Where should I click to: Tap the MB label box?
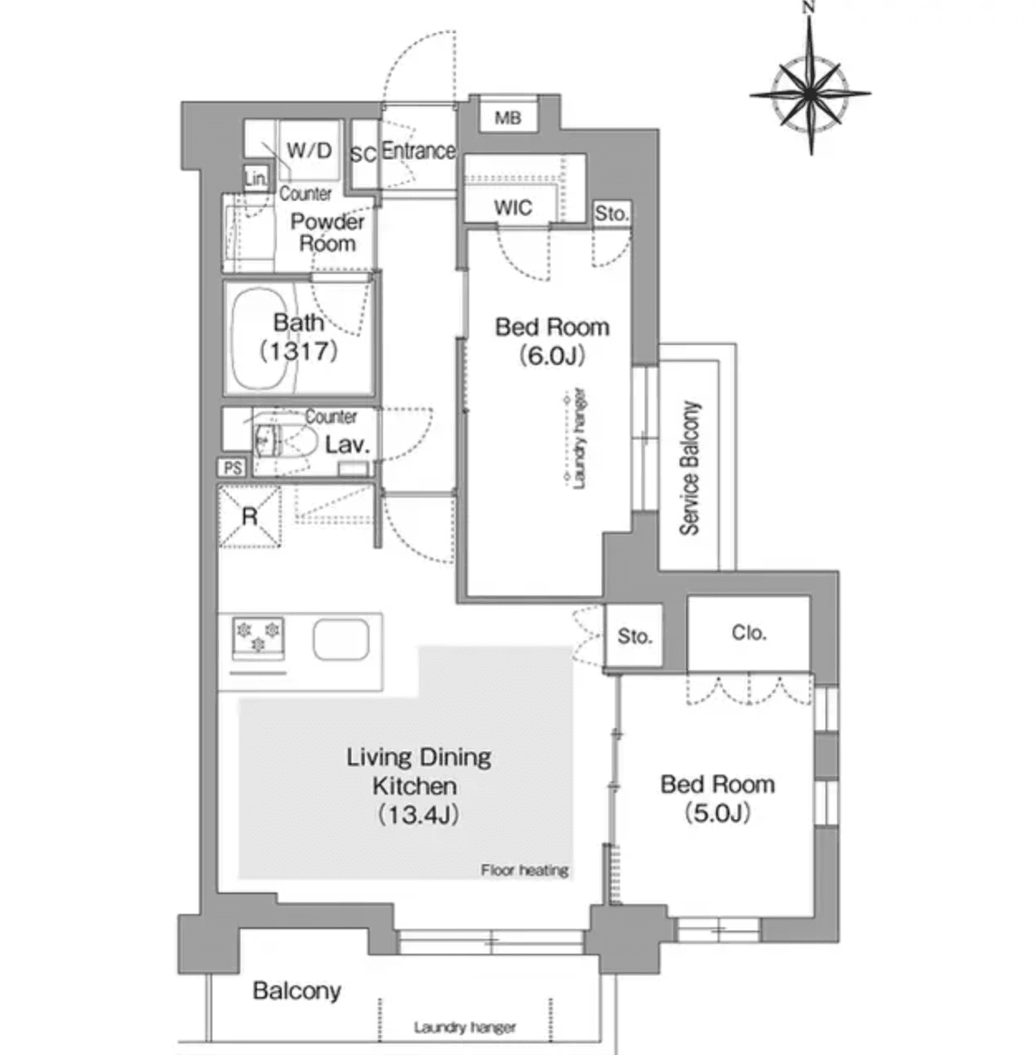point(508,118)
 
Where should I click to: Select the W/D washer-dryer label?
point(309,150)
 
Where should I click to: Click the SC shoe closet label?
point(363,155)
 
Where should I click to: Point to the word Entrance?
point(419,151)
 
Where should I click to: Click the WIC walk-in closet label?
point(512,207)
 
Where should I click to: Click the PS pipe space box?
point(233,468)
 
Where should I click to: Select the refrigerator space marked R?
point(249,517)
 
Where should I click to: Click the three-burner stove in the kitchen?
point(258,638)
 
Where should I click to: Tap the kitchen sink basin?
point(341,640)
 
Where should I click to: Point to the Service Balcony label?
point(690,468)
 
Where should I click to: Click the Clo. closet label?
point(748,633)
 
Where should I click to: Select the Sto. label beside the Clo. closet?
point(635,636)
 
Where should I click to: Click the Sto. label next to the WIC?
point(612,213)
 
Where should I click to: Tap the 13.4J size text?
point(419,814)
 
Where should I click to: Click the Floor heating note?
point(525,870)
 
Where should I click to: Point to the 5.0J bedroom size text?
point(717,813)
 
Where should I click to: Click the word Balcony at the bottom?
point(297,990)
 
